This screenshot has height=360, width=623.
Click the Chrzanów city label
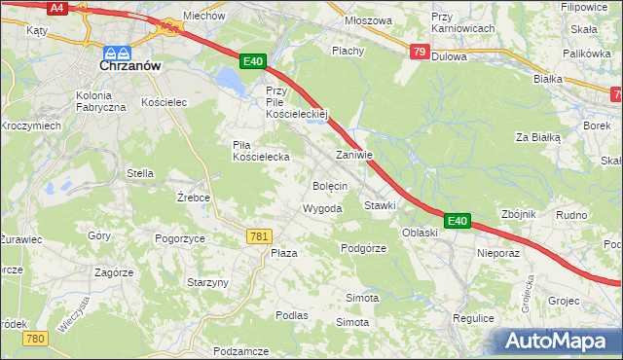[130, 69]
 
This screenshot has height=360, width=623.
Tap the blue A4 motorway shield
[57, 7]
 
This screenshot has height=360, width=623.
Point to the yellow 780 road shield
[36, 338]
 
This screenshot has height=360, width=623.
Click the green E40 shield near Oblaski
[458, 222]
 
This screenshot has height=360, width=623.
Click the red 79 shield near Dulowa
[419, 52]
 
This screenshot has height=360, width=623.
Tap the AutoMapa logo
[559, 342]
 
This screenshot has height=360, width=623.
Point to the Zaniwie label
[354, 155]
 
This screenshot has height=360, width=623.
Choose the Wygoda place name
[322, 209]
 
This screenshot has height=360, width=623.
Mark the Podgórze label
[364, 248]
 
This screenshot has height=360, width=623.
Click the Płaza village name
[283, 252]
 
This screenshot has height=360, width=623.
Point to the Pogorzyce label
[179, 237]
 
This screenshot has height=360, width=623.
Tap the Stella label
[140, 173]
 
